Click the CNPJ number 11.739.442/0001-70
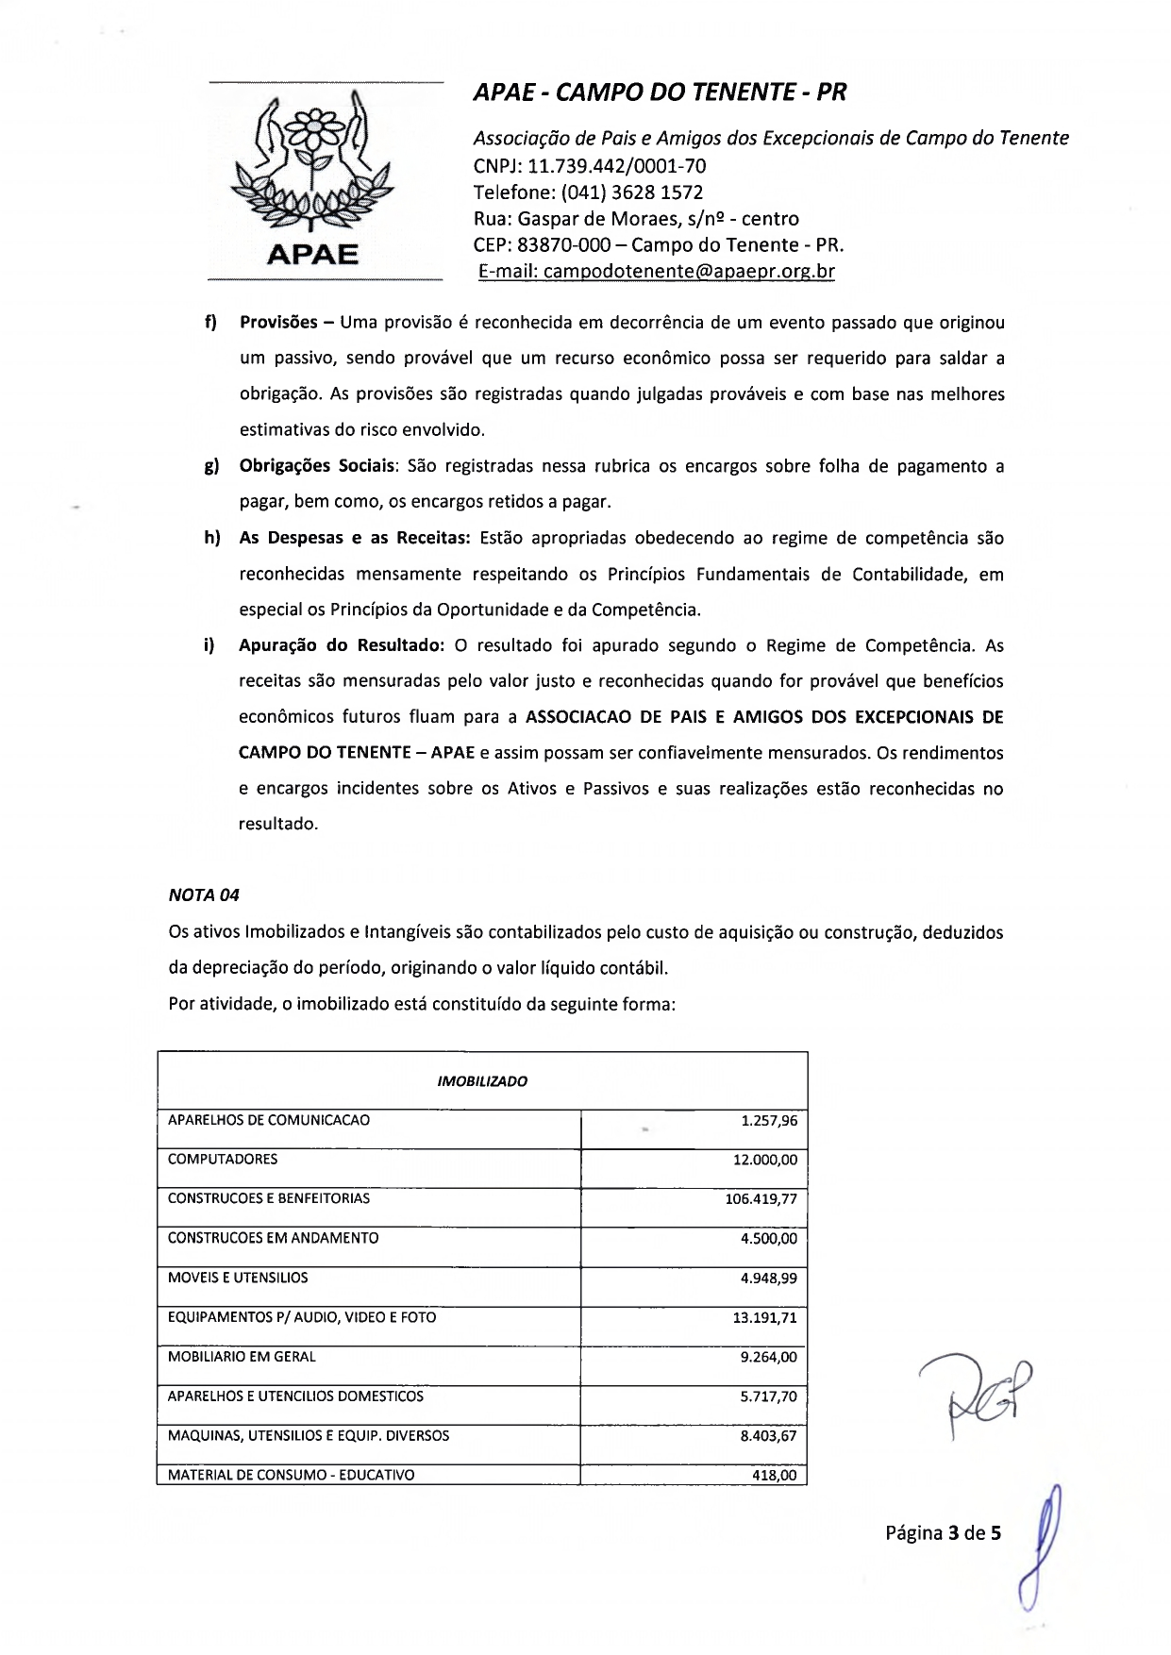[x=617, y=167]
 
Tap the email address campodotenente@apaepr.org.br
[x=690, y=272]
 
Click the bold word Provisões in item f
[x=278, y=323]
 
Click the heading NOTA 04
[x=204, y=894]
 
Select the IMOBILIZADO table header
[x=482, y=1081]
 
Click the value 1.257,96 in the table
[x=769, y=1121]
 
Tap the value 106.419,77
[x=761, y=1199]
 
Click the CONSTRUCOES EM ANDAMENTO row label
[x=273, y=1238]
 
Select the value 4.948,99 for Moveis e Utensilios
[x=769, y=1279]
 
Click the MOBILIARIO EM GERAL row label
[x=242, y=1357]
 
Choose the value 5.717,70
[x=769, y=1396]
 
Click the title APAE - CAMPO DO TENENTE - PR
[x=660, y=92]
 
